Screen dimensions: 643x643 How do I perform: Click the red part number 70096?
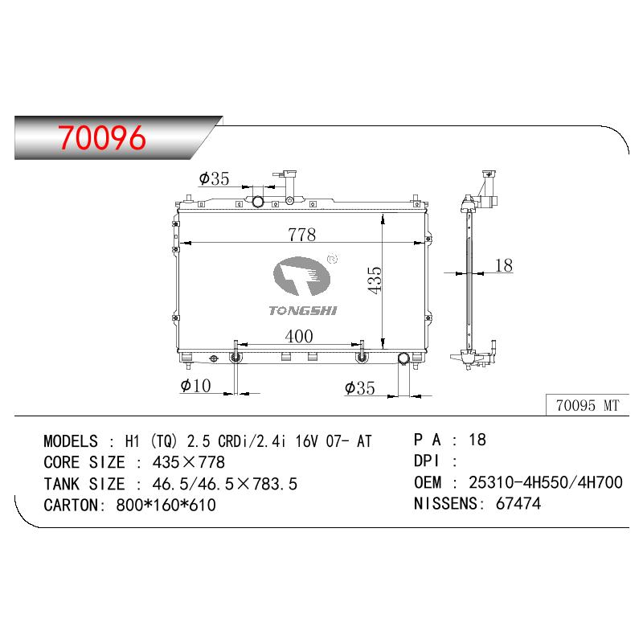pos(101,137)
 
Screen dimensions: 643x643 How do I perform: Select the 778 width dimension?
pos(302,235)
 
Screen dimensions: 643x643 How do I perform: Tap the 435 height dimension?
pos(375,280)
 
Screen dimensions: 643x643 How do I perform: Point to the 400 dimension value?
pos(299,336)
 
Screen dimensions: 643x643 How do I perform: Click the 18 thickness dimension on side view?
pos(504,265)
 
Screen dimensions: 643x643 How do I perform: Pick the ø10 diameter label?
pos(195,386)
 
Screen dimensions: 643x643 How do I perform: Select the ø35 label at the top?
pos(214,178)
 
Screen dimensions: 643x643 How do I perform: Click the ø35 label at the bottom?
pos(360,388)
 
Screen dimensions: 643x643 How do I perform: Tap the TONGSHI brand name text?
pos(303,311)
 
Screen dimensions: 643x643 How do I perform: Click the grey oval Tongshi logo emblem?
pos(301,276)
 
